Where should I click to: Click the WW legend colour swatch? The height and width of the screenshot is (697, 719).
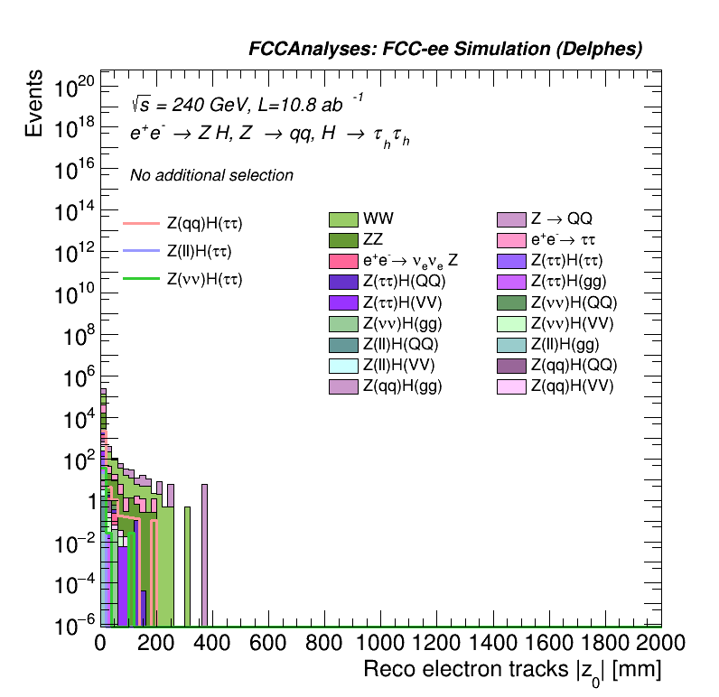[343, 218]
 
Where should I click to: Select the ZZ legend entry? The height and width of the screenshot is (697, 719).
[343, 240]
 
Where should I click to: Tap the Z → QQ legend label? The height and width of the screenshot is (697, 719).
[561, 218]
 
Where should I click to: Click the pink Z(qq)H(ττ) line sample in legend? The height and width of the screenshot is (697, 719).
[141, 222]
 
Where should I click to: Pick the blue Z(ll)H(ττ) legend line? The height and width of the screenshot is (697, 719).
[141, 251]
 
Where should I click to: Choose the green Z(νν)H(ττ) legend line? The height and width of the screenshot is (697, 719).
[141, 279]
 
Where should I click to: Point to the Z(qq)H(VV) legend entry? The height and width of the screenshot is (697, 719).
[572, 386]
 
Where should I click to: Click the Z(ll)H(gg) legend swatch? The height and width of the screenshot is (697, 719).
[512, 344]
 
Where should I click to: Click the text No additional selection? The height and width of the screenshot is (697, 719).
[211, 175]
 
